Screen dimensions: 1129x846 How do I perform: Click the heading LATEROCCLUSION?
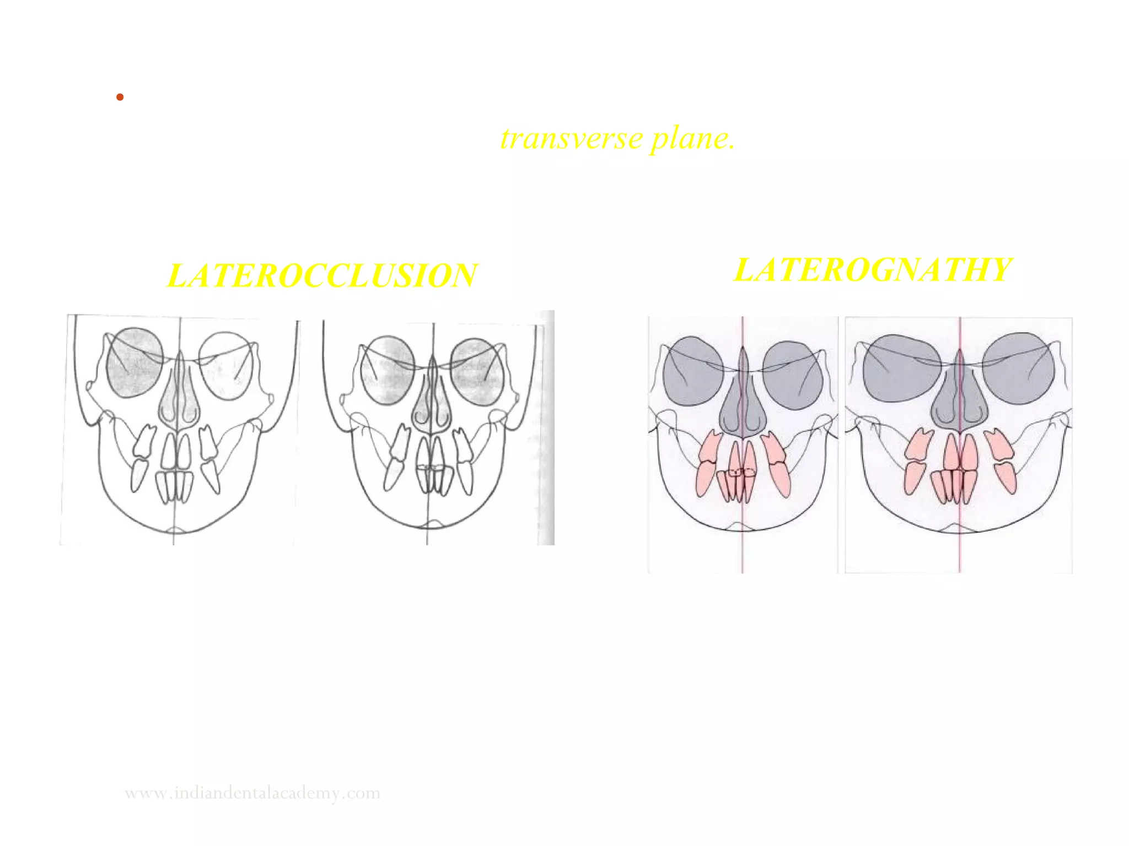point(322,275)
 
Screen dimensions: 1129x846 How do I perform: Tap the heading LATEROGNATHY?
point(873,270)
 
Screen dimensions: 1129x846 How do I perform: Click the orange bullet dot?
point(120,97)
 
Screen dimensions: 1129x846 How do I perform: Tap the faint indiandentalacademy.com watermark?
point(252,793)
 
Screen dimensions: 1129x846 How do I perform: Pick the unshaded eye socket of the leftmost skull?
point(227,366)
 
